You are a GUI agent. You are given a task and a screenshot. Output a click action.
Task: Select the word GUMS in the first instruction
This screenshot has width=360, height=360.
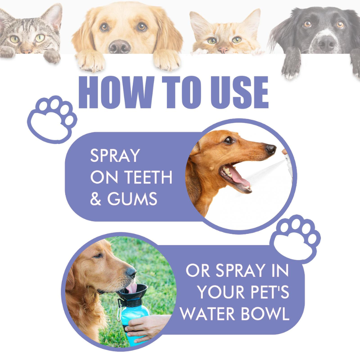point(132,199)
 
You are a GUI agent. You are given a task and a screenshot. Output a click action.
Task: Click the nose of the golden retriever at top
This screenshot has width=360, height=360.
point(120,47)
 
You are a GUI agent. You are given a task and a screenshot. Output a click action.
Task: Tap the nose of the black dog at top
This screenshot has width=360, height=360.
point(328,43)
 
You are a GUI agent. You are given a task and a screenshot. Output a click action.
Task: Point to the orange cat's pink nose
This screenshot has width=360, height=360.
point(224,50)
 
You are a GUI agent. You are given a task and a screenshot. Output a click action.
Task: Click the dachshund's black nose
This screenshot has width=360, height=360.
point(271,149)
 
